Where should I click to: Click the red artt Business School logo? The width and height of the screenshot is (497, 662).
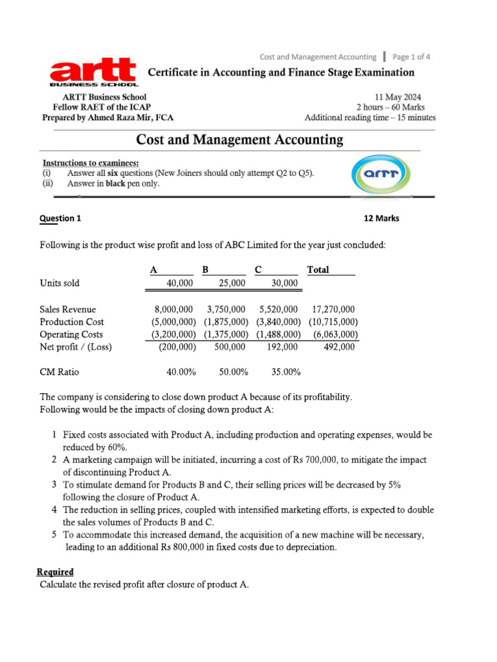(x=93, y=72)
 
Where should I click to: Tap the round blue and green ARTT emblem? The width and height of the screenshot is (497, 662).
(x=381, y=173)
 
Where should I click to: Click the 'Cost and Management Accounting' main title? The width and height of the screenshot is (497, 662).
(x=239, y=140)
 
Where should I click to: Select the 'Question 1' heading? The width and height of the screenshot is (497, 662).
(x=60, y=218)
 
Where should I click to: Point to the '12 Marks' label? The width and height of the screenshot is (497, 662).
(x=382, y=218)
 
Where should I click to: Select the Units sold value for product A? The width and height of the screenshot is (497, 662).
(x=180, y=283)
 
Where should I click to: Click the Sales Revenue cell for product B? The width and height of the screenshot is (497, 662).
(x=226, y=310)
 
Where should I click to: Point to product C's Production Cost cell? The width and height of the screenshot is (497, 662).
(x=278, y=322)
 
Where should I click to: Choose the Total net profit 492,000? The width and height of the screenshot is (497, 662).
(x=339, y=347)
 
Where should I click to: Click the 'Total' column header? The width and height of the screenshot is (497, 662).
(x=318, y=270)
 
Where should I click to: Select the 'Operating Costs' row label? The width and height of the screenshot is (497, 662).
(x=71, y=334)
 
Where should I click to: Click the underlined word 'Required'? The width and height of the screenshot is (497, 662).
(x=55, y=571)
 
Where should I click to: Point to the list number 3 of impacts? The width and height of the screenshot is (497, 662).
(x=54, y=484)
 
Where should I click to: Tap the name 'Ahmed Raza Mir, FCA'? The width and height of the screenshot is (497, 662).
(x=133, y=118)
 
